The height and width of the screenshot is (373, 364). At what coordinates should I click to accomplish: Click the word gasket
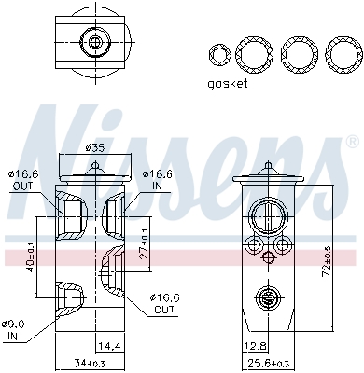pyautogui.click(x=228, y=83)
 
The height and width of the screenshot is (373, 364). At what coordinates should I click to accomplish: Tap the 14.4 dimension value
pyautogui.click(x=110, y=346)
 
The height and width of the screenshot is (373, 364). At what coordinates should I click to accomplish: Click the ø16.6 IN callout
pyautogui.click(x=158, y=179)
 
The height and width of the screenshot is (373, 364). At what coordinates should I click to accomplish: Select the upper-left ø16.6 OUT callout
pyautogui.click(x=21, y=179)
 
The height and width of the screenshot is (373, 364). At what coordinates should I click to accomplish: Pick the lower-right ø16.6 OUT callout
pyautogui.click(x=163, y=303)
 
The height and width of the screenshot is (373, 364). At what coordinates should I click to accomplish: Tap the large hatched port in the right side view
pyautogui.click(x=266, y=217)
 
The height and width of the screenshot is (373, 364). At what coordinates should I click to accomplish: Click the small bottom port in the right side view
pyautogui.click(x=267, y=298)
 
